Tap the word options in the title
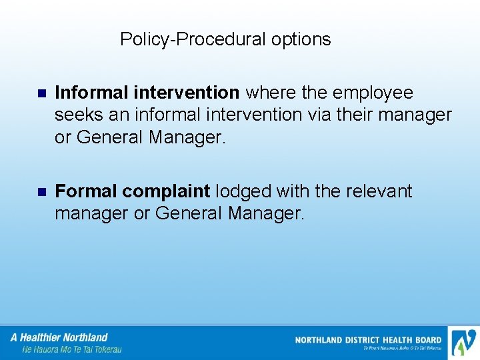301,39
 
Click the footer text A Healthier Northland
59,337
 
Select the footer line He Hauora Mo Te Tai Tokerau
72,349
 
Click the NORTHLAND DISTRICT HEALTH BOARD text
368,340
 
